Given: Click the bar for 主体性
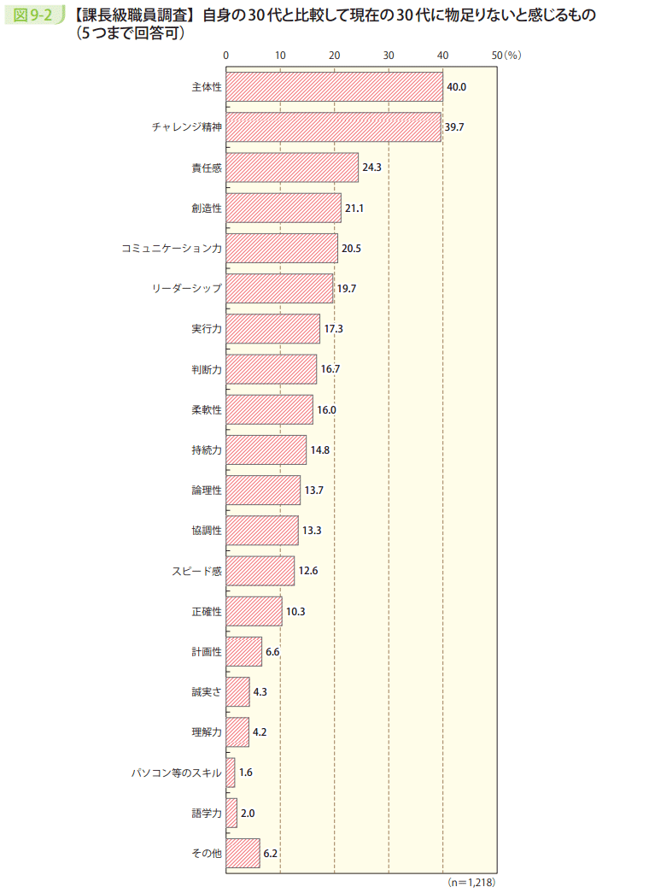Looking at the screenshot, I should (x=334, y=87).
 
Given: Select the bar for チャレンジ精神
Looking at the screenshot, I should (x=333, y=127).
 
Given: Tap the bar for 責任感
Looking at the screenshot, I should (x=292, y=167).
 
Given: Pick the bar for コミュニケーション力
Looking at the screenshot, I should (x=282, y=249).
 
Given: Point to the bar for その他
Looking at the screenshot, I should (x=243, y=853).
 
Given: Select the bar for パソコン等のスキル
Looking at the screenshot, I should (x=231, y=773).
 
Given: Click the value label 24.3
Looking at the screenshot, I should (x=371, y=167).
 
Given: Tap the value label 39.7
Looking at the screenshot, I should (x=453, y=127).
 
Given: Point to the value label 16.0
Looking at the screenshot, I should (x=326, y=409).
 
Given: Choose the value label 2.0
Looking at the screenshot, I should (x=248, y=813).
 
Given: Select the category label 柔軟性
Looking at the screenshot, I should (x=207, y=409).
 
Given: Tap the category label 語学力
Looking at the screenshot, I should (x=207, y=813).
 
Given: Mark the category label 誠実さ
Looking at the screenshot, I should (x=207, y=692).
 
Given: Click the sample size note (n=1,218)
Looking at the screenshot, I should (x=471, y=881).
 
